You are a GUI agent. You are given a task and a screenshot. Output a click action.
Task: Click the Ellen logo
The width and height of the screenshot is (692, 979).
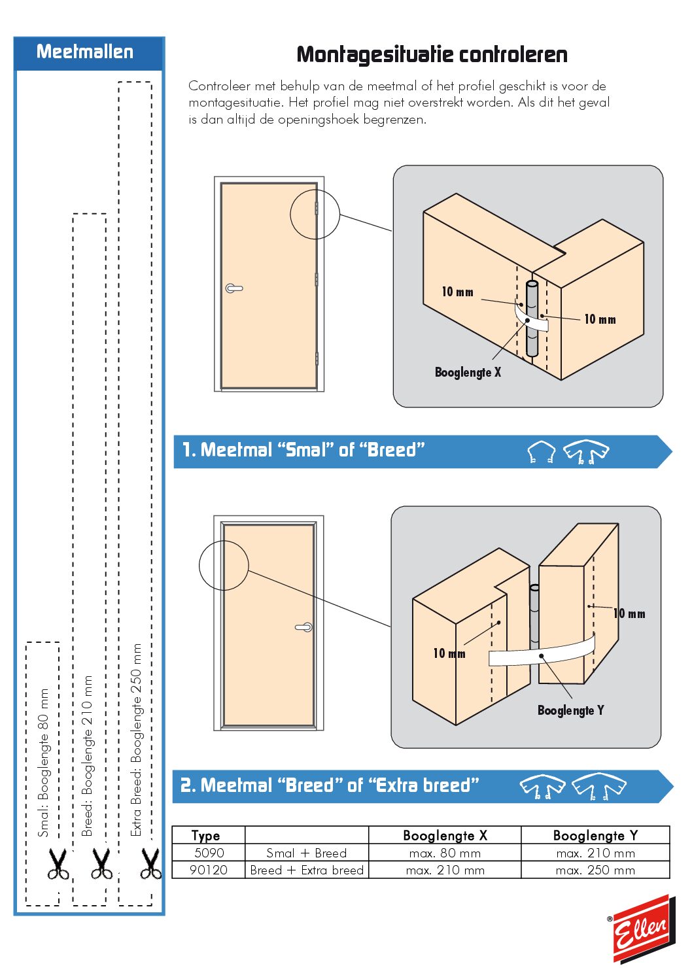coord(642,929)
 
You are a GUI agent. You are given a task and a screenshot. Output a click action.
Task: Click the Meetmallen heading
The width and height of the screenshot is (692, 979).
coord(85,52)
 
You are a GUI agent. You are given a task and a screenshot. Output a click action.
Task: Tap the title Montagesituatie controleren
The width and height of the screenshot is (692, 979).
coord(432,54)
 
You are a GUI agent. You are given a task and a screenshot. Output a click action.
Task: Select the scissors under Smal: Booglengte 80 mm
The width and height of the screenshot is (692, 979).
coord(58,864)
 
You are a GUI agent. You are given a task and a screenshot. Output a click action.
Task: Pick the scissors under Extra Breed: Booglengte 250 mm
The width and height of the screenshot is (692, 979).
coord(150,864)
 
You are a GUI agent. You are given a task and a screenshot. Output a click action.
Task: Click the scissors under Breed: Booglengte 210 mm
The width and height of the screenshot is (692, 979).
coord(101,864)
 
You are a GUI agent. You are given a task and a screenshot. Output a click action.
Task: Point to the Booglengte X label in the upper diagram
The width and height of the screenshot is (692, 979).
coord(468,372)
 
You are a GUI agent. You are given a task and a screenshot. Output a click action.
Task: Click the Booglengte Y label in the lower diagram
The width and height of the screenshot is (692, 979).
coord(570,710)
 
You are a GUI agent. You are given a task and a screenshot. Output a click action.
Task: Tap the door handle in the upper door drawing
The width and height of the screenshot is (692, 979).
coord(234,288)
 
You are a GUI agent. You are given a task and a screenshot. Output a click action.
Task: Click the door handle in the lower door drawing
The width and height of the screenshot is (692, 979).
coord(304,627)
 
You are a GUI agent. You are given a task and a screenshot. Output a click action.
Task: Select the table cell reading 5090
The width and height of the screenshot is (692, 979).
coord(209,853)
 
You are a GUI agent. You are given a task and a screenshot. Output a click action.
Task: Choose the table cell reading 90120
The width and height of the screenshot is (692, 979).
coord(209,870)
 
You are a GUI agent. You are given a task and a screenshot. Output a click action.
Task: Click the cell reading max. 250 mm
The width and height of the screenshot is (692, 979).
coord(595,870)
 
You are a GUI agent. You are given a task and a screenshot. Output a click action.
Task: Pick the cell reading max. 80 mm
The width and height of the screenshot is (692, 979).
coord(445,853)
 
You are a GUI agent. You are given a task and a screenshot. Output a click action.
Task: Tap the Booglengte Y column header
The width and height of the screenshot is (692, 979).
coord(595,835)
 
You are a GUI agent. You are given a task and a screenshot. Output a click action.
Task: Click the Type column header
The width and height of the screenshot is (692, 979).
coord(205,835)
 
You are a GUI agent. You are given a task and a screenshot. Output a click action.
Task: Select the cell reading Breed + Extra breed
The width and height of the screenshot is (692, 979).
coord(307,870)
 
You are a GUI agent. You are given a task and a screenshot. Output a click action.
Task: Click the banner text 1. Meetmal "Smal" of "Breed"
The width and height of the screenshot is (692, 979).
coord(303,450)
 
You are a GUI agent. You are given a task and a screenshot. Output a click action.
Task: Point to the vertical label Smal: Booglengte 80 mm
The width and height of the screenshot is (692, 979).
coord(43,763)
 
